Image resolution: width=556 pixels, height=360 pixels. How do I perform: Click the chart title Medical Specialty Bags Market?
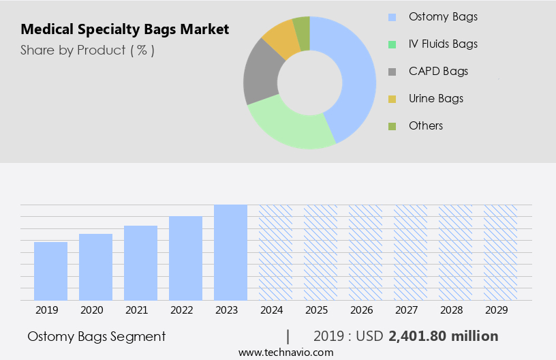click(x=125, y=29)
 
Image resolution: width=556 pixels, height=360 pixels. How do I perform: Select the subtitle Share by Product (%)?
click(x=87, y=50)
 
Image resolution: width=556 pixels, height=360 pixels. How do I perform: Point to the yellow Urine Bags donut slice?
click(x=281, y=40)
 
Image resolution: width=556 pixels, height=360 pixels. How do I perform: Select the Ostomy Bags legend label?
click(x=443, y=16)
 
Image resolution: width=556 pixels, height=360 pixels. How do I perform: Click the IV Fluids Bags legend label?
click(x=443, y=44)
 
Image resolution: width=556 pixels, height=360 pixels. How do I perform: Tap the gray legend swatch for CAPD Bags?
click(x=392, y=72)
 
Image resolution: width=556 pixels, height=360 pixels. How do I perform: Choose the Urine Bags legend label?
click(x=435, y=98)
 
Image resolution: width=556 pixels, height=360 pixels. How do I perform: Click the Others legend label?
click(x=426, y=125)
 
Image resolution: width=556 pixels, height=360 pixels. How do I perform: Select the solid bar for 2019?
click(x=51, y=271)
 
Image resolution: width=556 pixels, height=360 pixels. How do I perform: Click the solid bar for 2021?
click(x=141, y=263)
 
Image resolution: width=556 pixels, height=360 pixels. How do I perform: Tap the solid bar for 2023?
click(x=231, y=252)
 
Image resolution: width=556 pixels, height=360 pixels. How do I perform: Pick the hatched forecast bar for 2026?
click(x=366, y=252)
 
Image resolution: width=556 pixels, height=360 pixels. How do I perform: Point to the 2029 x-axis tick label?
click(x=501, y=310)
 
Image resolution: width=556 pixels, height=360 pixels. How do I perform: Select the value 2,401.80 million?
click(x=443, y=336)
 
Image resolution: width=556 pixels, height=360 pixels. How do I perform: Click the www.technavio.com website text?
click(x=286, y=352)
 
